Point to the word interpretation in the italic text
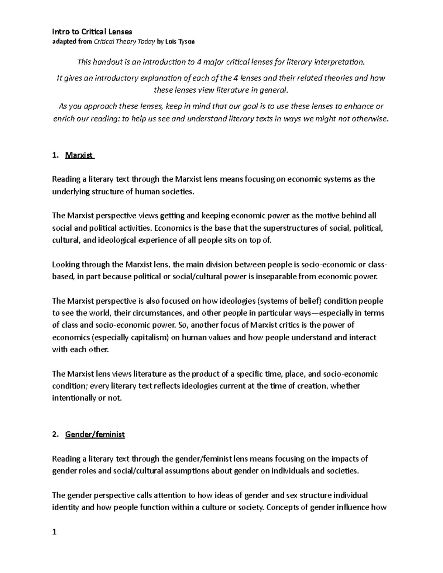[x=339, y=62]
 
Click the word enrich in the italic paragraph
[x=61, y=119]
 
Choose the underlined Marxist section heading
[x=79, y=155]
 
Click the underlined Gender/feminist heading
[x=95, y=435]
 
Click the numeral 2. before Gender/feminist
[x=55, y=435]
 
